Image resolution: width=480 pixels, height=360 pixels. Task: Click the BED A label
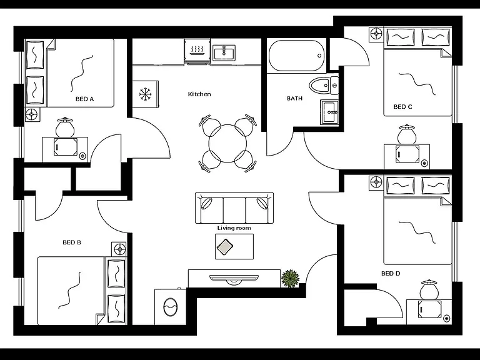point(84,99)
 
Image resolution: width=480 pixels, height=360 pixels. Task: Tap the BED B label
point(72,242)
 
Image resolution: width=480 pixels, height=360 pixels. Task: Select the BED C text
point(402,107)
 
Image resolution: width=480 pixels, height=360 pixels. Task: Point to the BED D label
point(391,273)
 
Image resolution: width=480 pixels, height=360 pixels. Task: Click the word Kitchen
point(199,94)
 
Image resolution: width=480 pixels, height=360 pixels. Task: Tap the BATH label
point(294,98)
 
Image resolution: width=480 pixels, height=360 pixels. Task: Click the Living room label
point(234,228)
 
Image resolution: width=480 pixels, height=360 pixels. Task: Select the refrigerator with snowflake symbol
point(146,94)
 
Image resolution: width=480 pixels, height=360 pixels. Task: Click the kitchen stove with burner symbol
point(197,51)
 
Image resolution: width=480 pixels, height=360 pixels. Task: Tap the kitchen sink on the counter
point(224,52)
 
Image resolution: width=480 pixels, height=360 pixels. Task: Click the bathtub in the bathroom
point(296,56)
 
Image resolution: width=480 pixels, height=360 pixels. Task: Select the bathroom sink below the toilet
point(329,112)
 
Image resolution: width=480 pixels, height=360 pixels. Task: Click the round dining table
point(227,144)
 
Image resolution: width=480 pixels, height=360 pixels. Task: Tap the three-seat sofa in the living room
point(234,208)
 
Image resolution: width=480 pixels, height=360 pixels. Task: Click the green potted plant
point(290,278)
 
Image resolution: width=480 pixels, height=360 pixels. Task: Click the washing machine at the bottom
point(170,306)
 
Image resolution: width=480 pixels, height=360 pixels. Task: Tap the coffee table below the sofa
point(234,246)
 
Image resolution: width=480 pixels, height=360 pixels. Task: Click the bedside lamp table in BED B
point(119,249)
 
